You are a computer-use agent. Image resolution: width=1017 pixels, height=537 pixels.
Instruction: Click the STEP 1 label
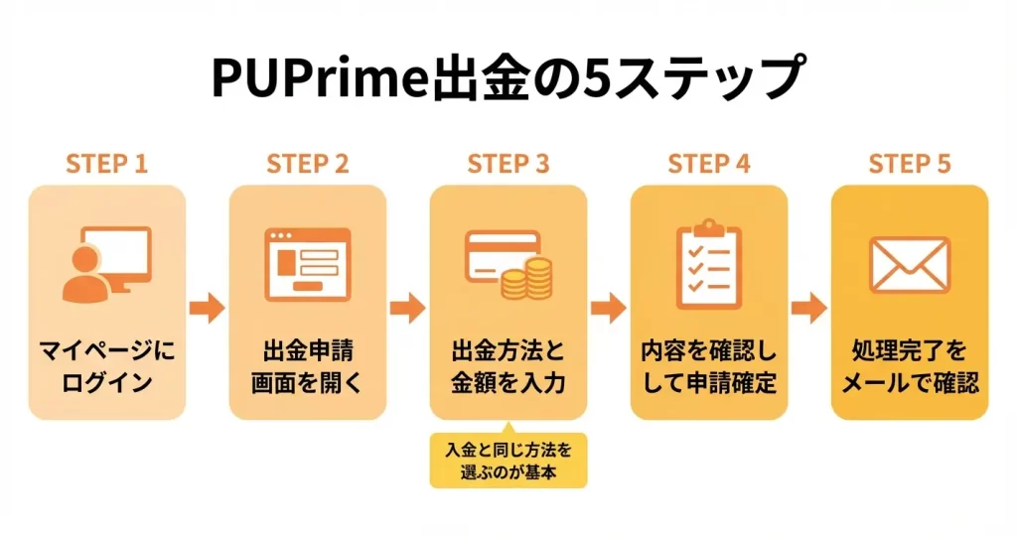[x=106, y=164]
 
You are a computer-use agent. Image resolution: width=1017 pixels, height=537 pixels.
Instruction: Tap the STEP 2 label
[x=308, y=164]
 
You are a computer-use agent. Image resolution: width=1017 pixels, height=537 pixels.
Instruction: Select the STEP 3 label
[x=508, y=164]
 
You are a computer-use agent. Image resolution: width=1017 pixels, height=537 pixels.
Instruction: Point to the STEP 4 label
[x=709, y=164]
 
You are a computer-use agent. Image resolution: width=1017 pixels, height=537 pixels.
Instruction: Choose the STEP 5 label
[x=910, y=164]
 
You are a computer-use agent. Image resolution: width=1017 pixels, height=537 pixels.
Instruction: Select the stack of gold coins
[x=525, y=279]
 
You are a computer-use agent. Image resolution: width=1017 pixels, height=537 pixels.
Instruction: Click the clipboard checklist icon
[x=709, y=264]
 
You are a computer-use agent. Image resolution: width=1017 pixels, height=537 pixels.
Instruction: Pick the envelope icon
[x=910, y=265]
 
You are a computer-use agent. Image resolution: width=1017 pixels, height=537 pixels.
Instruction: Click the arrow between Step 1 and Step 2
[x=207, y=308]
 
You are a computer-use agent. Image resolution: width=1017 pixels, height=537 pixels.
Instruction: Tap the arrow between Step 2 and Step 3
[x=407, y=308]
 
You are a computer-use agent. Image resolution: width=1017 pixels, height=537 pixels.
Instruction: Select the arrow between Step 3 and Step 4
[x=608, y=308]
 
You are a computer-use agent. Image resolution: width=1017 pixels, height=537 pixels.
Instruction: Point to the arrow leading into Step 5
[x=809, y=308]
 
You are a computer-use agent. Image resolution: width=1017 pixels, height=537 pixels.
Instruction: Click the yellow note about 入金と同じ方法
[x=508, y=461]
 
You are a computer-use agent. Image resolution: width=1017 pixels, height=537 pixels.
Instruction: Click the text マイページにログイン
[x=106, y=366]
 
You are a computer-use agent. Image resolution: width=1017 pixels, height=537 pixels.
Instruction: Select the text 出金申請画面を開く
[x=308, y=366]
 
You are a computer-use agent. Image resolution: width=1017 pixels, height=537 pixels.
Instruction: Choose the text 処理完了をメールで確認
[x=910, y=366]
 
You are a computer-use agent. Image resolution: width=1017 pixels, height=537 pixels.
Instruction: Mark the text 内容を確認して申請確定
[x=709, y=366]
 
